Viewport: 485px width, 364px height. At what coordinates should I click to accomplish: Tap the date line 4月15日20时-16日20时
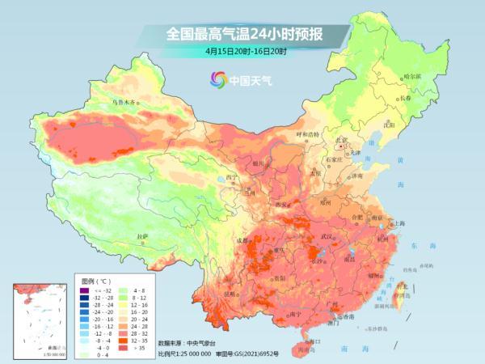[x=246, y=51]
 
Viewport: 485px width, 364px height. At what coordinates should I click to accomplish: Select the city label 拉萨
[x=142, y=236]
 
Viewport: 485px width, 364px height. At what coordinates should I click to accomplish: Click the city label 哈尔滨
[x=413, y=76]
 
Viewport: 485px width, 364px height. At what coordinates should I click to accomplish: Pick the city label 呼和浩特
[x=307, y=133]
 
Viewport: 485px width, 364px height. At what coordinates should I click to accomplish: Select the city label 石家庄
[x=332, y=160]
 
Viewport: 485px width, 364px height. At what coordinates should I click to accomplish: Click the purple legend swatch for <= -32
[x=86, y=289]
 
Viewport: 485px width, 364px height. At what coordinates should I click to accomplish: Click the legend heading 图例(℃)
[x=95, y=279]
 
